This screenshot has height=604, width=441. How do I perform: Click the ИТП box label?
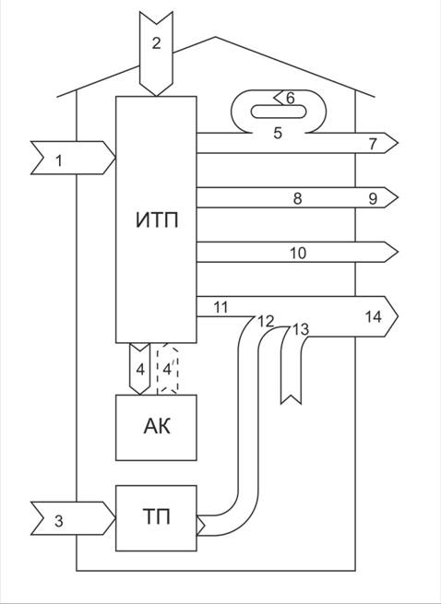157,220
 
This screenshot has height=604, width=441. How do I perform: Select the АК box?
156,428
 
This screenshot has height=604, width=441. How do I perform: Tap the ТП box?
156,518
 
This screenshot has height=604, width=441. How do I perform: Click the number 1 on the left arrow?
58,160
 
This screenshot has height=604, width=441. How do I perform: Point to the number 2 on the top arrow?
156,43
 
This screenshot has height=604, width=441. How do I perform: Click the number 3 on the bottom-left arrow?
58,521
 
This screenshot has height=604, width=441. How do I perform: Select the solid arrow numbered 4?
140,369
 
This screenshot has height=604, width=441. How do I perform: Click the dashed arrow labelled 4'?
167,369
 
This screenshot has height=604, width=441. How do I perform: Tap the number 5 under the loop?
278,134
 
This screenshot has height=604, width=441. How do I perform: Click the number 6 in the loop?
291,99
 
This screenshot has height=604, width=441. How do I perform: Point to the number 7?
373,144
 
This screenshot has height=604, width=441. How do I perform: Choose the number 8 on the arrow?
297,199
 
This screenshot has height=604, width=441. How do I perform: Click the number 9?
373,199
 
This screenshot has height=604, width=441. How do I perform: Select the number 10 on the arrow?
298,254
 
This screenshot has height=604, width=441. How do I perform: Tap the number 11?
220,307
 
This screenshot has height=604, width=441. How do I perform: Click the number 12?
266,321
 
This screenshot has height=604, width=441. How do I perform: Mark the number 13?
301,330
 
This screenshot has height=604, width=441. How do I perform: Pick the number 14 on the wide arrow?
373,317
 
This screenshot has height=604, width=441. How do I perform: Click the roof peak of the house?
215,37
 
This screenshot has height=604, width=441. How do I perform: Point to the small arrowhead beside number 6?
279,99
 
